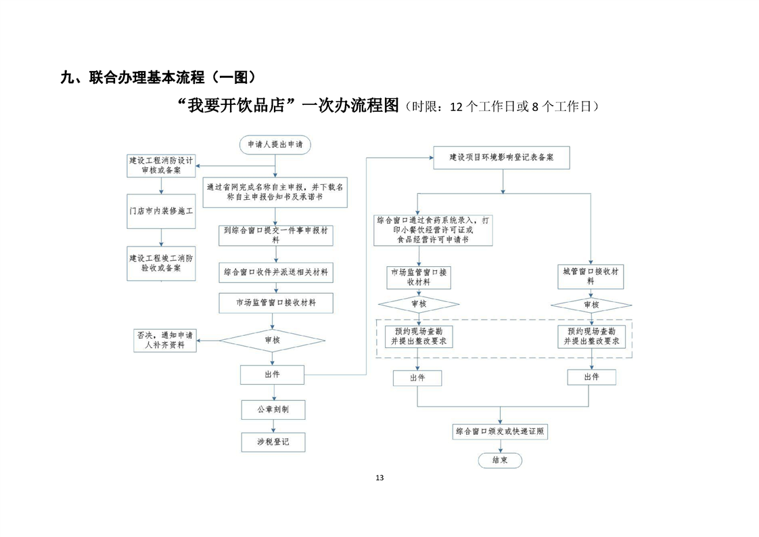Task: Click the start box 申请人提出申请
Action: click(275, 144)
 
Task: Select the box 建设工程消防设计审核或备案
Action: click(161, 165)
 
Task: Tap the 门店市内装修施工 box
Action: click(161, 211)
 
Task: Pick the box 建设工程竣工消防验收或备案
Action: click(161, 263)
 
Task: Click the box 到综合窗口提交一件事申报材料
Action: click(275, 235)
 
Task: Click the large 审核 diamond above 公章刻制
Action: click(272, 340)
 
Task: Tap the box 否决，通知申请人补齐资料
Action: click(164, 340)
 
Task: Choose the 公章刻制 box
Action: click(273, 410)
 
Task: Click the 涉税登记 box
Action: click(273, 442)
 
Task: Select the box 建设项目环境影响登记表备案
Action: click(501, 157)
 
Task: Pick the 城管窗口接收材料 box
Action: click(591, 276)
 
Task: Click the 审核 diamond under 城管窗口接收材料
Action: click(591, 305)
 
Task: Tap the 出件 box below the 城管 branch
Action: click(591, 377)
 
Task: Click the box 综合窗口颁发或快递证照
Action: click(500, 431)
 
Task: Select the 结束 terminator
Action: click(500, 460)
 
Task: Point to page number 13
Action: click(379, 478)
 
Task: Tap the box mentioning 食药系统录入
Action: click(434, 230)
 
